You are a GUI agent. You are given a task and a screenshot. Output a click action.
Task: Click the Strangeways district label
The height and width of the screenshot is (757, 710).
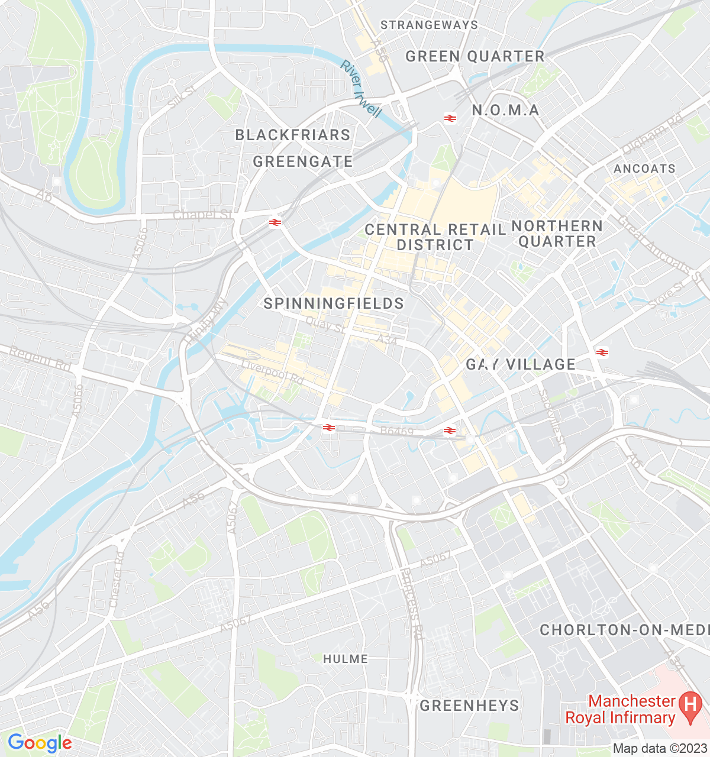[429, 25]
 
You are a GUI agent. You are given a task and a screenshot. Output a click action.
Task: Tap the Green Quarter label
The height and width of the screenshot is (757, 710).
[475, 56]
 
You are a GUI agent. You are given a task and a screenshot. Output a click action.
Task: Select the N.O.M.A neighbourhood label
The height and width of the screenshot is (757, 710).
[505, 110]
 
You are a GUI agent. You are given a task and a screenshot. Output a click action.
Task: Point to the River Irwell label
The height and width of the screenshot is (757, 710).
[360, 88]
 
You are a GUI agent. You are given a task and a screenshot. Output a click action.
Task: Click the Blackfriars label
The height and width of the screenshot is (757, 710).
[293, 135]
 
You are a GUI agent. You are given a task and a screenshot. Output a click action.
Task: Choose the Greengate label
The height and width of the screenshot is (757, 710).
[303, 161]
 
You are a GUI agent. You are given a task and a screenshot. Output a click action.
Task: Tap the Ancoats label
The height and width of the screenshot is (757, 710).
[644, 169]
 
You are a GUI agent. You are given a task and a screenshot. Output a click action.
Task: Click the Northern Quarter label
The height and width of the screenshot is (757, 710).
[557, 234]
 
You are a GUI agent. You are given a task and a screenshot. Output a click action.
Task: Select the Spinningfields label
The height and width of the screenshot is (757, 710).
[334, 303]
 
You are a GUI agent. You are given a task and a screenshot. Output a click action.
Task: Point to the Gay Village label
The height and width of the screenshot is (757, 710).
[521, 364]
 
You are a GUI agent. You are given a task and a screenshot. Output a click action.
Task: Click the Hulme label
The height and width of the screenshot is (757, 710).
[346, 659]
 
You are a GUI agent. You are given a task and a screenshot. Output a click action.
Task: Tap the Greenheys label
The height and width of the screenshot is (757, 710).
[469, 706]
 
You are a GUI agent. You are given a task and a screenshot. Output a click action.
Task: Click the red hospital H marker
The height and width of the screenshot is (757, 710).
[689, 704]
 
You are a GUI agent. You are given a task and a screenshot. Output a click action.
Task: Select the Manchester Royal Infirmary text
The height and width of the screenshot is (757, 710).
[620, 710]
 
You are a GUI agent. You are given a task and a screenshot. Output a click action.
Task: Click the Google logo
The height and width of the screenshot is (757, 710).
[40, 743]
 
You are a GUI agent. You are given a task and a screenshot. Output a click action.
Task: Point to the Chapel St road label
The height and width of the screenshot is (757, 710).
[202, 214]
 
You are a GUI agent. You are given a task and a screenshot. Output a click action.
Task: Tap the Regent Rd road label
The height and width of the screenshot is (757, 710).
[40, 358]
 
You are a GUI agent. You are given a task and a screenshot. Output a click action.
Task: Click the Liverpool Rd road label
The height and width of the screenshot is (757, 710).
[272, 372]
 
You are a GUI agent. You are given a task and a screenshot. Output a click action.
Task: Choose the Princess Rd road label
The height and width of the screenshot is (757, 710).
[412, 604]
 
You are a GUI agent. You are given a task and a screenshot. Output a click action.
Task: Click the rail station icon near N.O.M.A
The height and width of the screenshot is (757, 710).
[450, 118]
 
